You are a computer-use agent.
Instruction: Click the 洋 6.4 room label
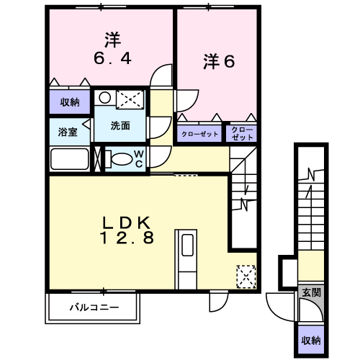(112, 49)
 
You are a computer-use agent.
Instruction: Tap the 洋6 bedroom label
(219, 61)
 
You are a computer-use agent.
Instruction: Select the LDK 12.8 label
(127, 230)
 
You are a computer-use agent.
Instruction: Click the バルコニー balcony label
(94, 307)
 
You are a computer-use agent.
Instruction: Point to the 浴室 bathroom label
(68, 132)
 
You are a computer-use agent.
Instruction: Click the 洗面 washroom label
(120, 125)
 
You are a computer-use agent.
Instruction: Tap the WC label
(138, 158)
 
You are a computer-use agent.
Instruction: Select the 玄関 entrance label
(311, 292)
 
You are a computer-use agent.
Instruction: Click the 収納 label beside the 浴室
(70, 102)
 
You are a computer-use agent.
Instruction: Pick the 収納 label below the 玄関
(311, 341)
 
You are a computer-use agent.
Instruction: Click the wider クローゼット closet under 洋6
(199, 134)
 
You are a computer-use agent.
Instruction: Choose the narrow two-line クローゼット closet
(242, 133)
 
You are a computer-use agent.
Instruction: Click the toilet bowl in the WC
(122, 159)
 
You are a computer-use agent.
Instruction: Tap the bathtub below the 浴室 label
(70, 159)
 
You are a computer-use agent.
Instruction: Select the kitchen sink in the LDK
(187, 245)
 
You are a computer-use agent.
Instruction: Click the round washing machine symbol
(104, 98)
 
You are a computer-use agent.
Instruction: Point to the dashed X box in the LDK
(246, 276)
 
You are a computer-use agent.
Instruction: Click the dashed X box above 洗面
(130, 99)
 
